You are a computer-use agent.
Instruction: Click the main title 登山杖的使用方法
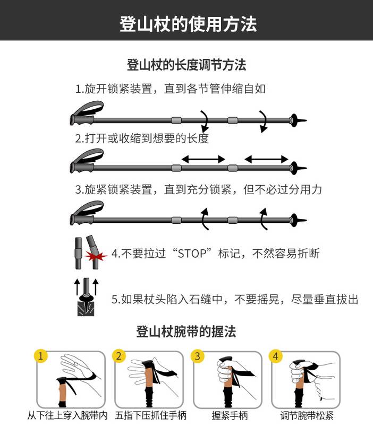click(188, 24)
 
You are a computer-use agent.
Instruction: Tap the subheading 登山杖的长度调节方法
click(186, 65)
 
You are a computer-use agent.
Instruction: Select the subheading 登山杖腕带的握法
click(186, 332)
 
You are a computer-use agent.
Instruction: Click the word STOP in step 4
click(192, 254)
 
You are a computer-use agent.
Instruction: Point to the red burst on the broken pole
click(95, 256)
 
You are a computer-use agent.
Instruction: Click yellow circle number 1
click(41, 356)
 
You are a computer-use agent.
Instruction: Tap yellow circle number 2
click(118, 356)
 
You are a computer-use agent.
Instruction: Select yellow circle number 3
click(197, 356)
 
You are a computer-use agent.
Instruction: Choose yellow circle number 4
click(276, 356)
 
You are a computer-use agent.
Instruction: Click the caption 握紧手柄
click(230, 415)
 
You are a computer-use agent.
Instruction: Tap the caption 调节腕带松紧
click(307, 415)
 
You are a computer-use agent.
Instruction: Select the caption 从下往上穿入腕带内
click(67, 415)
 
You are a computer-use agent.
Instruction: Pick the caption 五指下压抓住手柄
click(151, 415)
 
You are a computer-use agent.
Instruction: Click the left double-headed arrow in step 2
click(204, 159)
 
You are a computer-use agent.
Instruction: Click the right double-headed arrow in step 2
click(266, 159)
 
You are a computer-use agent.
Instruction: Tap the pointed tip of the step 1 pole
click(307, 120)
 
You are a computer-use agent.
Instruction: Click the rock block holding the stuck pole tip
click(86, 308)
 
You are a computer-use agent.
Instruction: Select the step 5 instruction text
click(235, 299)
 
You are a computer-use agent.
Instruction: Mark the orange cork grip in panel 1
click(63, 391)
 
